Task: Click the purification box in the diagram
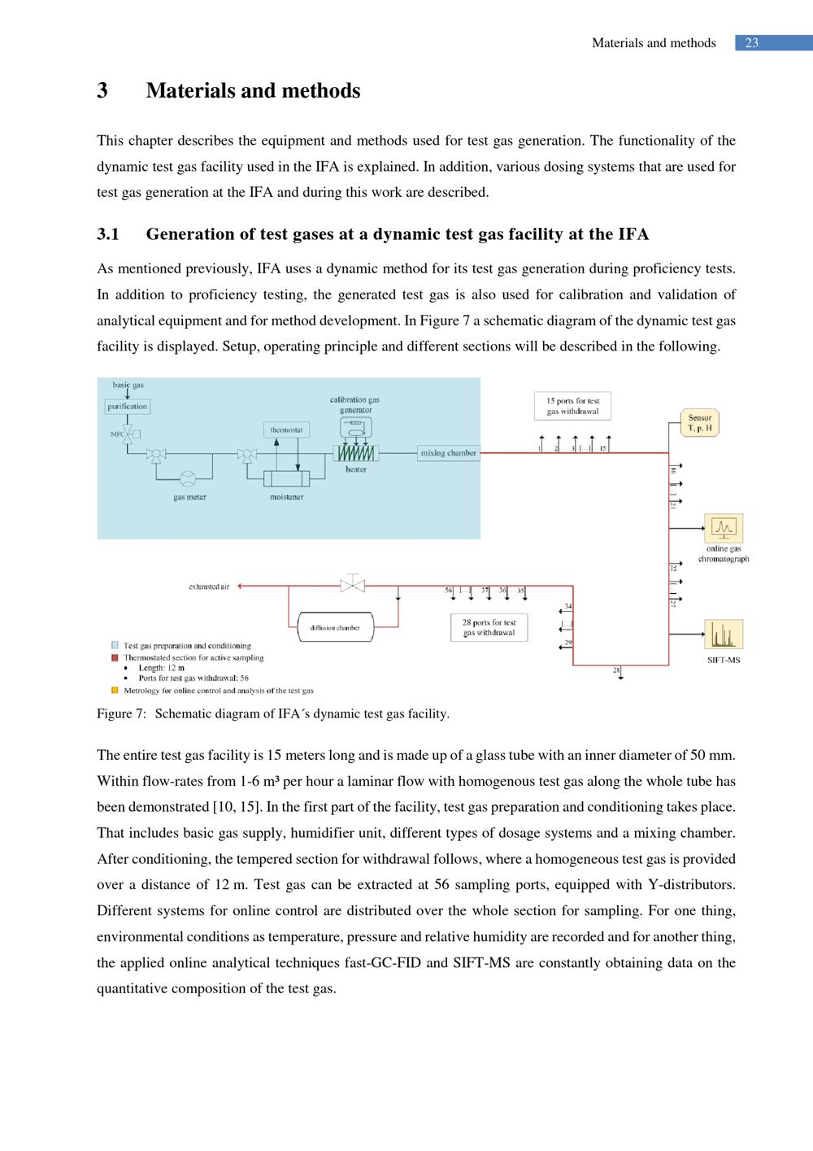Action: [128, 406]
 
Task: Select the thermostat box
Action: [286, 429]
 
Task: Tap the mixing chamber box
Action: [448, 453]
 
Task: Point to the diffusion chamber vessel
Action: [335, 627]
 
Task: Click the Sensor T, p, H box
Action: [700, 423]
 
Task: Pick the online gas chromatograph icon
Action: [724, 529]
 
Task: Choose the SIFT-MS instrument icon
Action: [724, 634]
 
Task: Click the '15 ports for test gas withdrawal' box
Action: [572, 406]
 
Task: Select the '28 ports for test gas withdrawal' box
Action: [489, 627]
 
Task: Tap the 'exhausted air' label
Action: [209, 586]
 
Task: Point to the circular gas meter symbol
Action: [188, 478]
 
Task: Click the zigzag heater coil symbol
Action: [356, 453]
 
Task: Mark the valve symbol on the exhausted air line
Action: [352, 584]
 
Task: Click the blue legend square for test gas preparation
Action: [115, 646]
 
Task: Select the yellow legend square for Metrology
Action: [115, 691]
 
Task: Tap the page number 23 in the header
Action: [752, 43]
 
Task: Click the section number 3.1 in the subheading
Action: [108, 235]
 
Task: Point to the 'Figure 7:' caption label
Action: [121, 714]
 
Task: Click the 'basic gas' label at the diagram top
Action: [128, 385]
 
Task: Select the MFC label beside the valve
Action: [116, 434]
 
